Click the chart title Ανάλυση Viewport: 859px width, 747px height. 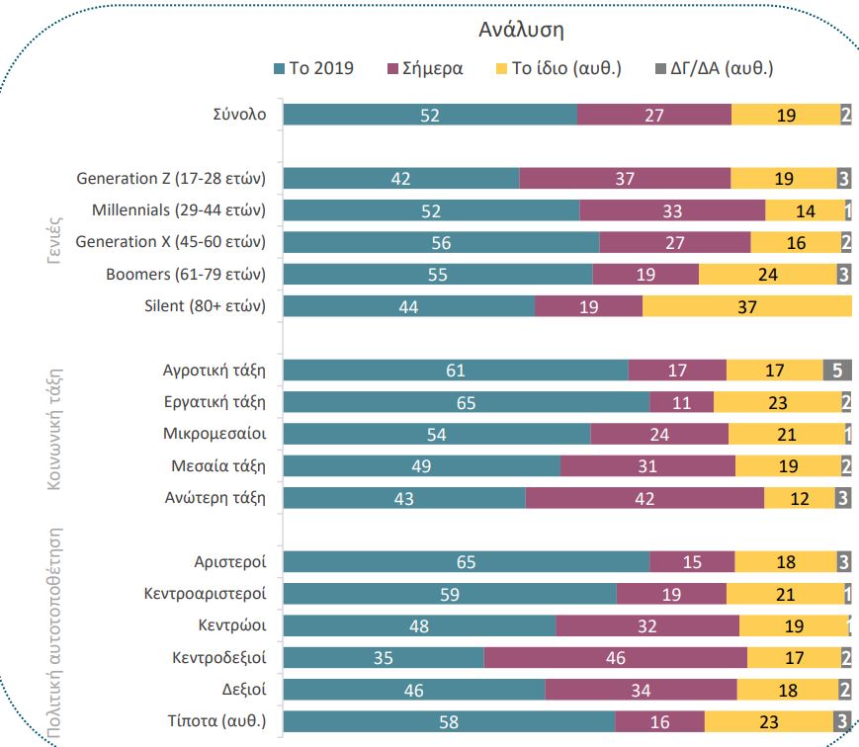[522, 30]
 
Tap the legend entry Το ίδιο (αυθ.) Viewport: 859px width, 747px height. [558, 69]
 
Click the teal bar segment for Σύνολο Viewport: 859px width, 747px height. [430, 115]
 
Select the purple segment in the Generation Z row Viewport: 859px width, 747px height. [625, 178]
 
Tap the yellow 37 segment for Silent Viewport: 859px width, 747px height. [747, 306]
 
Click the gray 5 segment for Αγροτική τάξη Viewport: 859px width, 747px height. [837, 371]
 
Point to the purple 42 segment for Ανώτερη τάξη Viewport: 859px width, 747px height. [644, 498]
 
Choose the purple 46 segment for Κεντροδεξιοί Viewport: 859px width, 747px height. [616, 658]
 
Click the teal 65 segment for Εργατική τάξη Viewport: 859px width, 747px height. [466, 402]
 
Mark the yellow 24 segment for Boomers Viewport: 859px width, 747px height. [767, 275]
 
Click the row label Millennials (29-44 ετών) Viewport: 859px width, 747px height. [179, 210]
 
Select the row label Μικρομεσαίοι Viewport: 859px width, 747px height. [215, 434]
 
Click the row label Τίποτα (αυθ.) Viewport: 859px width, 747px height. [216, 721]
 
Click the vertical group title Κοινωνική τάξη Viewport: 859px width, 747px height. [56, 428]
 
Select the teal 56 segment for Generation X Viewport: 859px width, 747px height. [441, 242]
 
